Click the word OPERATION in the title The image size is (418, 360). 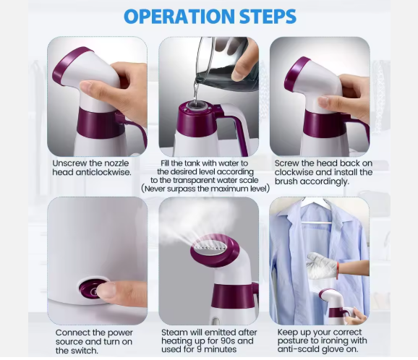[171, 16]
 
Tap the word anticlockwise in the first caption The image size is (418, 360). [105, 173]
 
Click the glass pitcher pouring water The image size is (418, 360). [221, 62]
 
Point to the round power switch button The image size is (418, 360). [90, 291]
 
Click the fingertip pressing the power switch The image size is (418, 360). [106, 291]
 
